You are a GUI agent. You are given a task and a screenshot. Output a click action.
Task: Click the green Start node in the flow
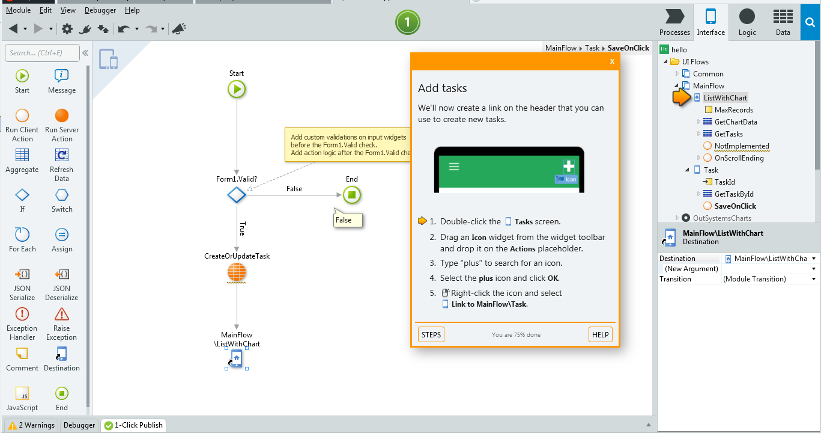click(237, 89)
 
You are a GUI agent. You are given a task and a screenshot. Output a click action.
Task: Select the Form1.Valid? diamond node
click(237, 195)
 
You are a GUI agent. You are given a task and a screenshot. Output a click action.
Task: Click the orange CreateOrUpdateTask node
click(237, 272)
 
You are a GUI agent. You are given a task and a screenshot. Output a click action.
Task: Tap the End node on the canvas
click(352, 195)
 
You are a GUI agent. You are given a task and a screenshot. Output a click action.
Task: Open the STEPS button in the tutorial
click(431, 334)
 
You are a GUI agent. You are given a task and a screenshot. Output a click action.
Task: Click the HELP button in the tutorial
click(601, 334)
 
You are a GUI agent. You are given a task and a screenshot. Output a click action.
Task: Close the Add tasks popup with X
click(612, 61)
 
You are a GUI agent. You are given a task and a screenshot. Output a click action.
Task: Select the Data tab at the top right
click(783, 22)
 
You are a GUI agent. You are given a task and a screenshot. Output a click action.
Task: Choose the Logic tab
click(747, 22)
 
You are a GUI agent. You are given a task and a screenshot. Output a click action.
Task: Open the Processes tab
click(674, 22)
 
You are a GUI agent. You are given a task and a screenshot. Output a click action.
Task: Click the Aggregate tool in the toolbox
click(22, 161)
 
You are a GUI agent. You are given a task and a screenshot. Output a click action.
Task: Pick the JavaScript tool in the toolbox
click(22, 399)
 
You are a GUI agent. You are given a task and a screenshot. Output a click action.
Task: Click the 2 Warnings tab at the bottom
click(31, 425)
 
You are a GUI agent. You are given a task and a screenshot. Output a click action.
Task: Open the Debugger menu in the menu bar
click(100, 10)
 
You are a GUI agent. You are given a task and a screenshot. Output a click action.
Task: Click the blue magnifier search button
click(810, 22)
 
